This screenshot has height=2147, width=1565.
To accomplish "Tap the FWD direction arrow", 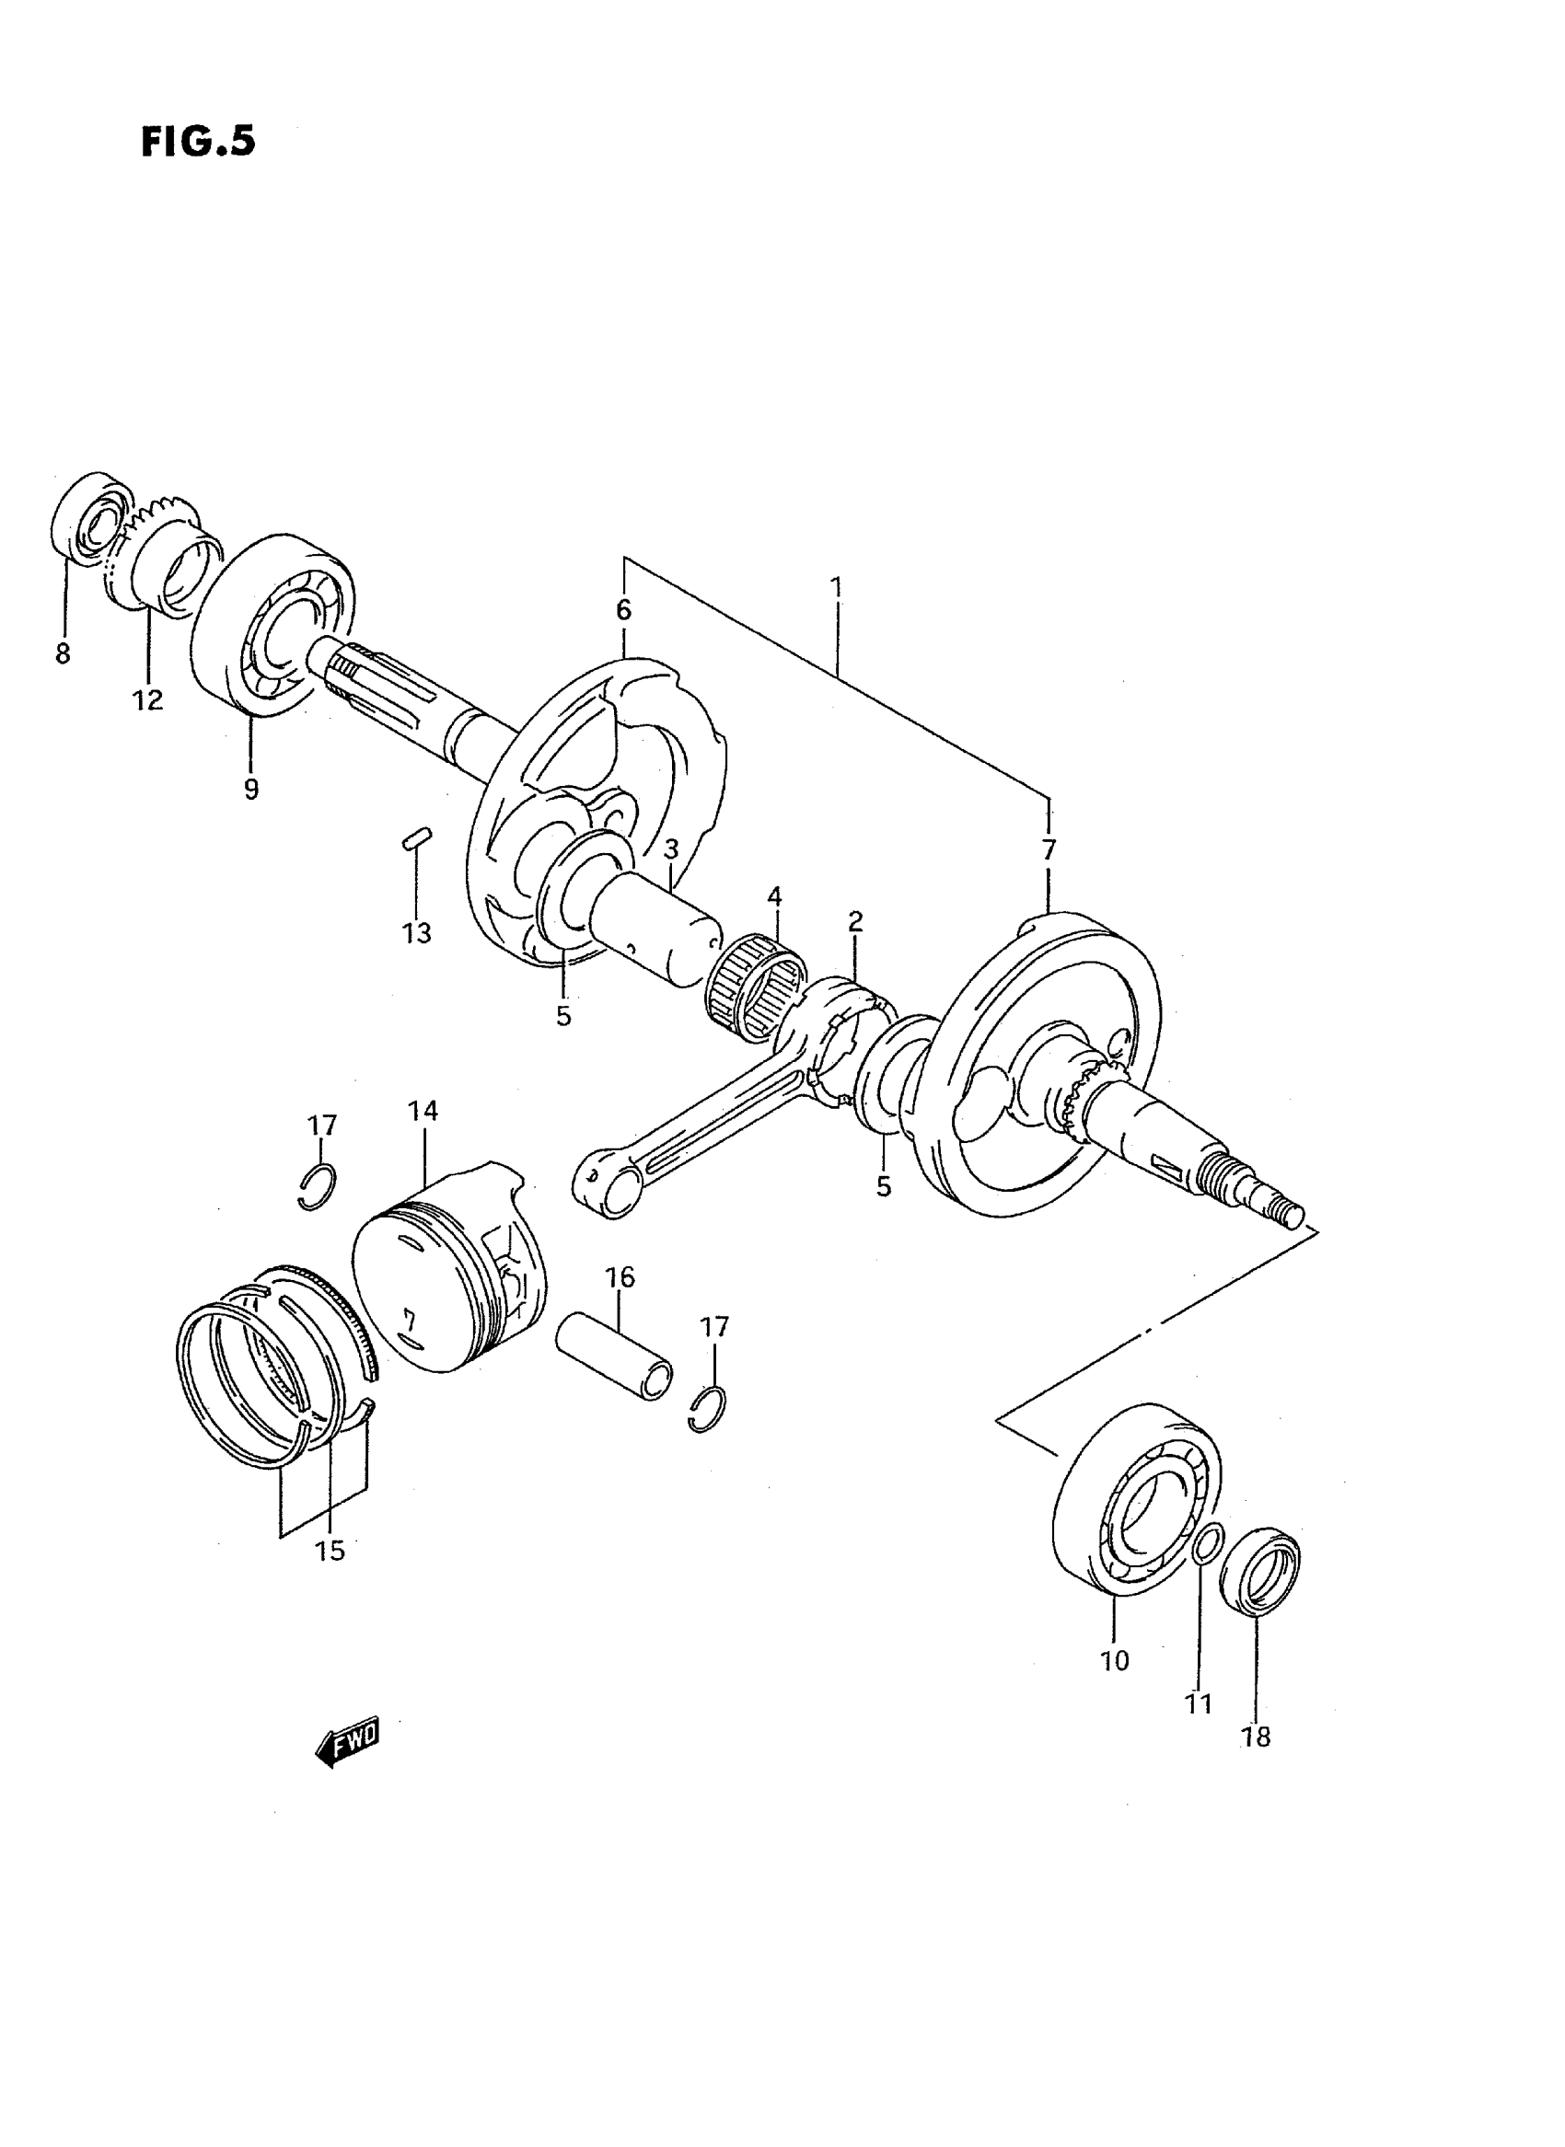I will pyautogui.click(x=348, y=1741).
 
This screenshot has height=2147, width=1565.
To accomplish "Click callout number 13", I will pyautogui.click(x=416, y=933).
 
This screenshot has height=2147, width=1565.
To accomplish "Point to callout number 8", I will pyautogui.click(x=63, y=653).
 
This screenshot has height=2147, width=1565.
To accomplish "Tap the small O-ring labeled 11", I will pyautogui.click(x=1208, y=1544).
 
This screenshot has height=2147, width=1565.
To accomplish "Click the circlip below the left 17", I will pyautogui.click(x=317, y=1186).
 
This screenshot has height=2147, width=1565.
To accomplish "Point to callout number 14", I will pyautogui.click(x=423, y=1111).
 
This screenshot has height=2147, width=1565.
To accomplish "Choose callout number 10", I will pyautogui.click(x=1115, y=1660).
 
